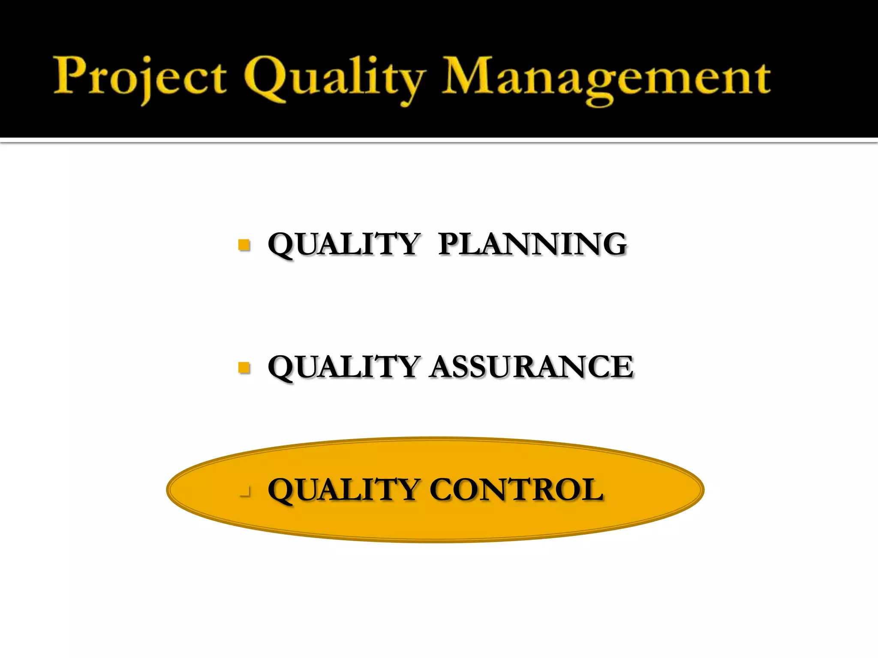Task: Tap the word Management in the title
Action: point(606,77)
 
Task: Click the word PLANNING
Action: point(532,244)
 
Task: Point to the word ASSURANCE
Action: point(532,367)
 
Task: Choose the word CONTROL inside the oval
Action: point(517,489)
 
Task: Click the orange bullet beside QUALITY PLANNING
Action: point(244,245)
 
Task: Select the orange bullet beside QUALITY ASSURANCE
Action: point(244,368)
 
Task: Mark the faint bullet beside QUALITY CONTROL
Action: point(245,492)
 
